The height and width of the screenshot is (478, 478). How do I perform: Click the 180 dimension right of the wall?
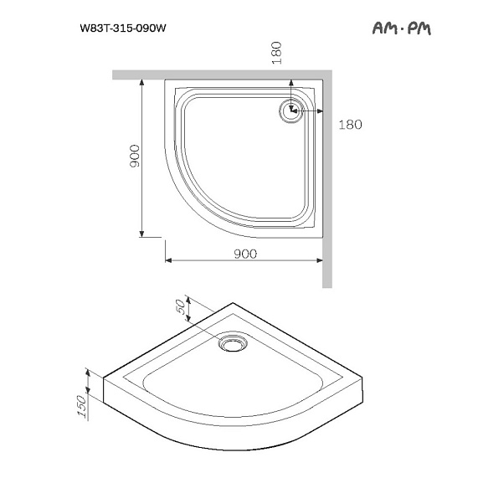tap(350, 126)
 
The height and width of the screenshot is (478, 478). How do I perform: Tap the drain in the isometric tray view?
tap(231, 342)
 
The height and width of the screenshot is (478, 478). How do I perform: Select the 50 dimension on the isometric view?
tap(177, 309)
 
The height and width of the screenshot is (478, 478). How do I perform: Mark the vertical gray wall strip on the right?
tap(326, 184)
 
